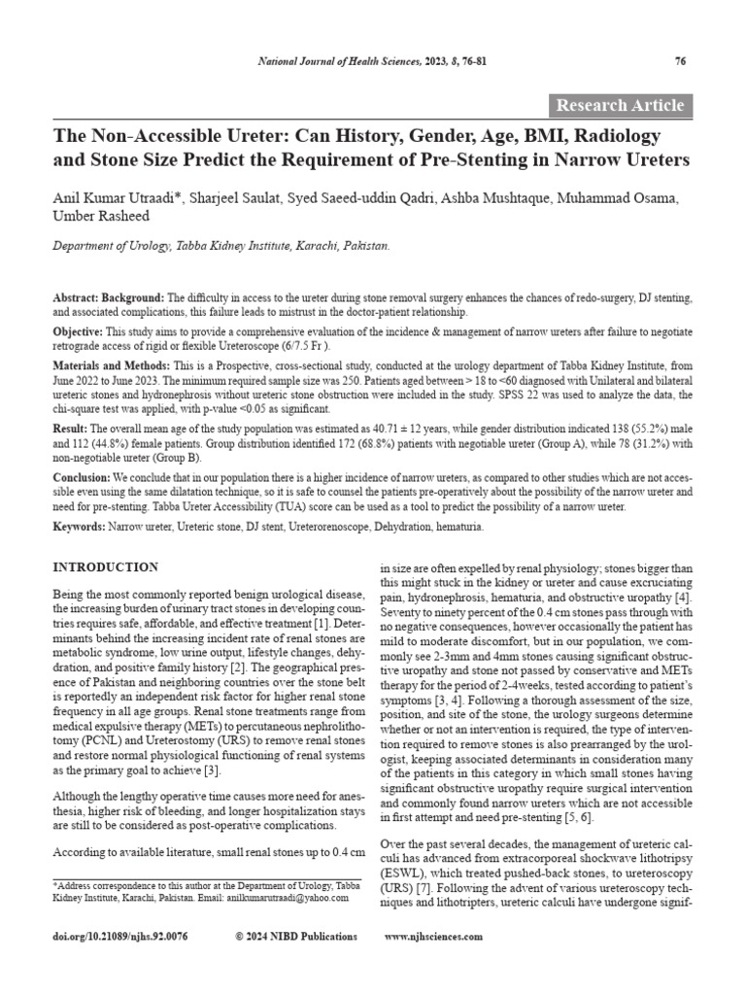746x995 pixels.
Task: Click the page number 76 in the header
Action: (x=680, y=62)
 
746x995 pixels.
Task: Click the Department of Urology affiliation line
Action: (x=220, y=247)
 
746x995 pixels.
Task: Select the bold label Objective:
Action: (x=80, y=331)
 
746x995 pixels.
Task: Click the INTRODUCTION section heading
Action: (x=104, y=566)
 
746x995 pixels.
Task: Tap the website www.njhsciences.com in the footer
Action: (x=433, y=937)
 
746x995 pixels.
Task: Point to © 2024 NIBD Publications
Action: (x=296, y=937)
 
